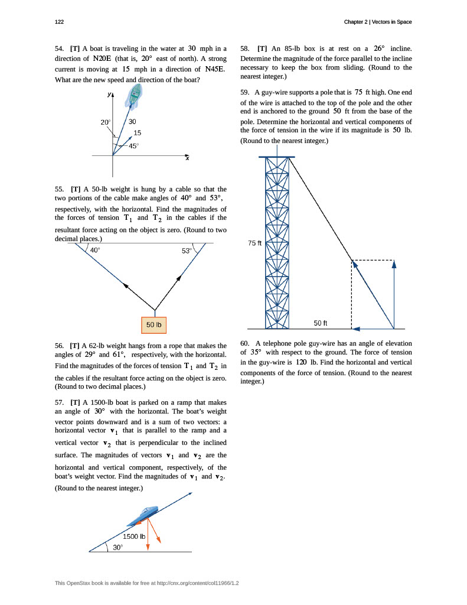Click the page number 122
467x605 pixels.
tap(59, 22)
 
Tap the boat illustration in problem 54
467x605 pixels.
tap(135, 95)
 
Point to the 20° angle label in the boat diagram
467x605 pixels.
tap(106, 122)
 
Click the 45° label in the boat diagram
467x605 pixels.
tap(133, 145)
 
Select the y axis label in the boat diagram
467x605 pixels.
tap(109, 95)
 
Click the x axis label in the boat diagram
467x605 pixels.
tap(187, 158)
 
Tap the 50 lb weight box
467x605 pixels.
tap(154, 324)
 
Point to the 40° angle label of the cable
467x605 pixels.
tap(95, 251)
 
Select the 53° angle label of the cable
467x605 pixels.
tap(187, 251)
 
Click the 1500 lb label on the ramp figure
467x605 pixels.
tap(134, 536)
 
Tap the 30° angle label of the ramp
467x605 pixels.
tap(118, 548)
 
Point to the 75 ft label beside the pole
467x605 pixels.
tap(254, 243)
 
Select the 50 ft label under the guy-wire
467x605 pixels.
tap(321, 323)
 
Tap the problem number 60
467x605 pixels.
tap(245, 343)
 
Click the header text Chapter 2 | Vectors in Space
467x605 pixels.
tap(378, 22)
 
